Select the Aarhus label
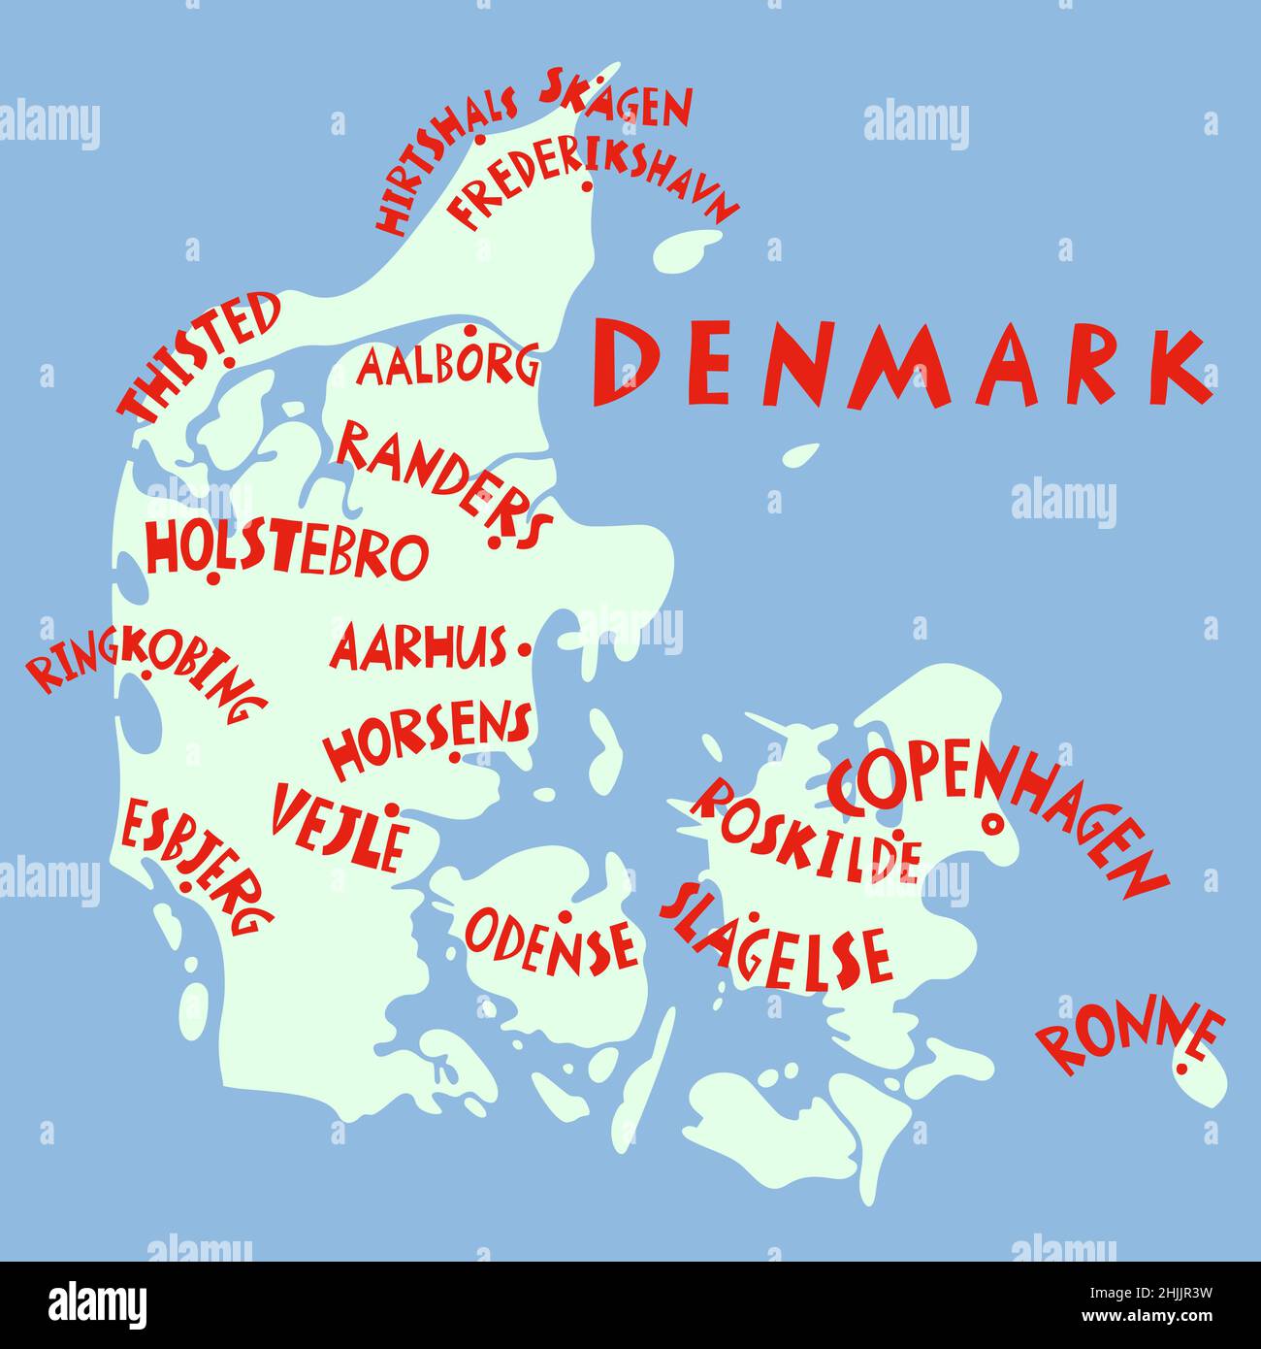click(419, 647)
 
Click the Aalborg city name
click(448, 366)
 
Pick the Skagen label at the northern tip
click(617, 101)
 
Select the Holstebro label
click(286, 551)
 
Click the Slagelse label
click(776, 938)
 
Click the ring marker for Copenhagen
click(991, 824)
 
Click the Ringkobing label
click(145, 674)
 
